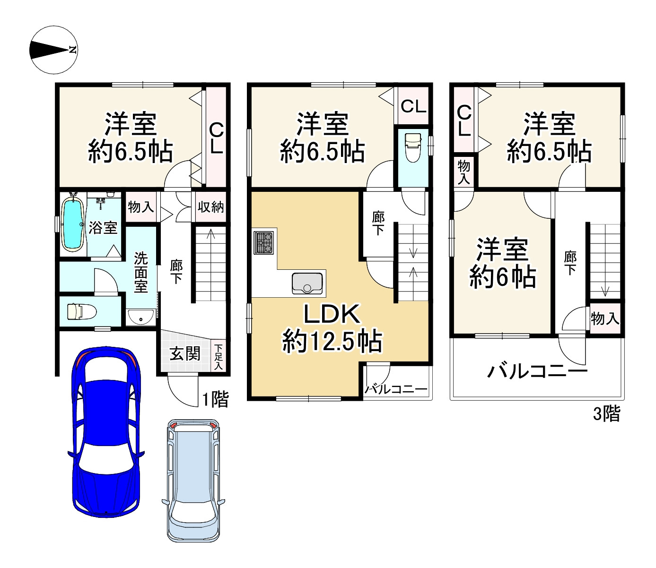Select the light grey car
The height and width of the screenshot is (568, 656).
(x=194, y=480)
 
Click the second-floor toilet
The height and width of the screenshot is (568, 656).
(x=412, y=147)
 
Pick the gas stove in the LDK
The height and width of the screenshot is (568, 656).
(x=264, y=242)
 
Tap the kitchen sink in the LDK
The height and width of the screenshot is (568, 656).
(x=308, y=283)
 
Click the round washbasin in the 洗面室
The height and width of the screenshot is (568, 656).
(x=141, y=318)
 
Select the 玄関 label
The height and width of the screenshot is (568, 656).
(x=185, y=353)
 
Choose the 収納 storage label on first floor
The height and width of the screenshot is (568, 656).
(x=211, y=207)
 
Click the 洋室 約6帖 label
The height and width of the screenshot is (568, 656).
(x=502, y=263)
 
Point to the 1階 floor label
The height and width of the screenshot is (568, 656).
(x=215, y=400)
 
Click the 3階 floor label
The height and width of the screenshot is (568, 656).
(x=606, y=414)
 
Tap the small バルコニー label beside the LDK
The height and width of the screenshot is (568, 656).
(x=396, y=389)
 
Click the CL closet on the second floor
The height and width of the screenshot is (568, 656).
(x=414, y=106)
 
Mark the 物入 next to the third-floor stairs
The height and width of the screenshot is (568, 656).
(x=604, y=319)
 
